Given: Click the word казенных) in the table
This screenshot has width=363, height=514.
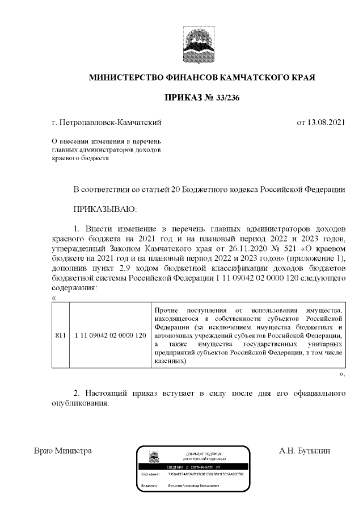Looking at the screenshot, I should pos(170,362).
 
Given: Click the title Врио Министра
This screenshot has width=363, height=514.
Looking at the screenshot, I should pos(63,451).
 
